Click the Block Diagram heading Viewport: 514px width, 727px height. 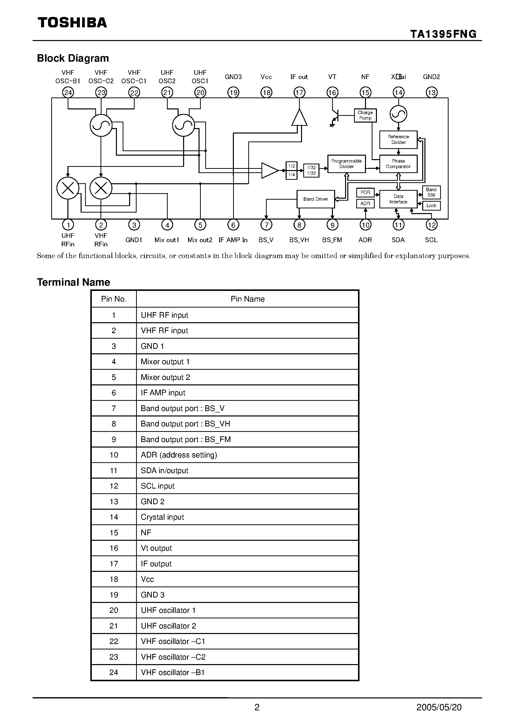73,58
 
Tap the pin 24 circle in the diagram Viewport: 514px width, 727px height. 68,92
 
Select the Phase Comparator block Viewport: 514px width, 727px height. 398,164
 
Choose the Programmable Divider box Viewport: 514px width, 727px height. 346,164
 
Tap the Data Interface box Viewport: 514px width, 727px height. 398,199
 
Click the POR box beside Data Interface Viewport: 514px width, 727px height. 365,192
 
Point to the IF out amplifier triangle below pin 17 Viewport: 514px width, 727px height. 299,118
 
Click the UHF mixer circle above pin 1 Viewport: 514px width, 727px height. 68,188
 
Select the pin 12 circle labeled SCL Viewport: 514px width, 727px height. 431,225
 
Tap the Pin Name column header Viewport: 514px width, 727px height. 247,299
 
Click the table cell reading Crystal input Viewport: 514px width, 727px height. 162,517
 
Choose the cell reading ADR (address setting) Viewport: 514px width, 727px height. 179,455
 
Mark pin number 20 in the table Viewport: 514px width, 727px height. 114,610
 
